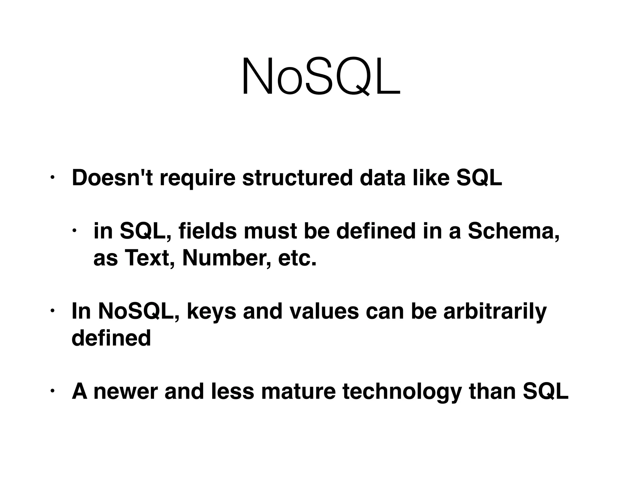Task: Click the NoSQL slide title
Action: pos(320,77)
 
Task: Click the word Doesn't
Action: pos(112,178)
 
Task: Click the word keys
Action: pos(211,312)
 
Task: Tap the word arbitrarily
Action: pos(495,312)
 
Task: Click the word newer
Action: pos(126,391)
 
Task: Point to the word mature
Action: pos(298,391)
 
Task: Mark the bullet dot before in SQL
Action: pos(74,231)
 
